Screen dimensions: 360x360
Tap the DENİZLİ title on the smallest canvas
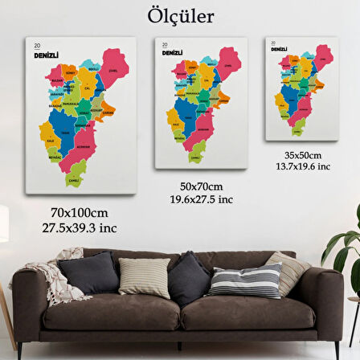pos(279,49)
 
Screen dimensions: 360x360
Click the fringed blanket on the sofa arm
pos(56,277)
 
